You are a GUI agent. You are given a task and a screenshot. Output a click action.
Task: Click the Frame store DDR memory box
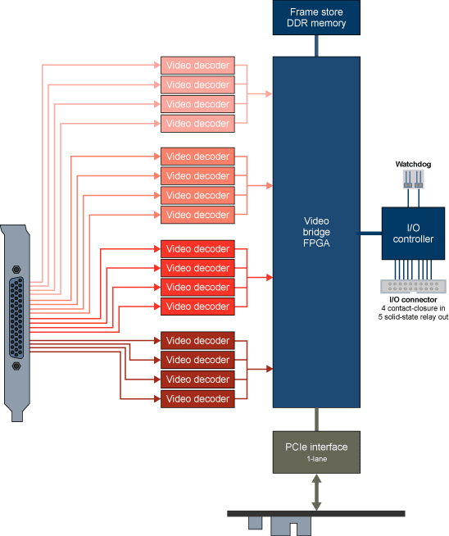click(316, 18)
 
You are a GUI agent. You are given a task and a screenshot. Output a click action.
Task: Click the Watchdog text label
click(413, 164)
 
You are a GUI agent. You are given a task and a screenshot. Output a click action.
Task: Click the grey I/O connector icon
click(414, 287)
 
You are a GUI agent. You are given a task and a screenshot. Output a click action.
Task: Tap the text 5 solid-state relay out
click(414, 316)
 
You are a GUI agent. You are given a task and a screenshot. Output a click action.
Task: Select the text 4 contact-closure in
click(414, 308)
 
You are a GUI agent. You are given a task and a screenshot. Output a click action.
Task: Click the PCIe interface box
click(316, 452)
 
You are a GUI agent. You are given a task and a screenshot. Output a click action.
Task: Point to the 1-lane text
click(316, 461)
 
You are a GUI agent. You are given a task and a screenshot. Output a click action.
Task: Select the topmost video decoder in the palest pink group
click(197, 66)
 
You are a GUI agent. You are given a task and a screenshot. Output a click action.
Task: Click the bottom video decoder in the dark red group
click(197, 398)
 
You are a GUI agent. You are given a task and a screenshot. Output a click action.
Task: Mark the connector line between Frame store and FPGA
click(316, 46)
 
